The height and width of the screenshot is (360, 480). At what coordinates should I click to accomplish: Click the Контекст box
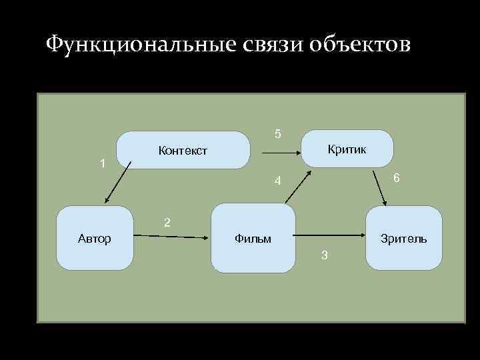(x=183, y=151)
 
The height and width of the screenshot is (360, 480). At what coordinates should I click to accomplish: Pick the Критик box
(x=347, y=149)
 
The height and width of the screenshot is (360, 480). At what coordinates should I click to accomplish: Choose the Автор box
(x=95, y=238)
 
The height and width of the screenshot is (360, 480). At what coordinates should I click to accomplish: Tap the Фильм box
(x=253, y=238)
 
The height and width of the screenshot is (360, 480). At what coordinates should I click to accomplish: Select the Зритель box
(x=403, y=238)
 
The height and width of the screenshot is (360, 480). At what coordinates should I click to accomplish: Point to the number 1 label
(x=102, y=163)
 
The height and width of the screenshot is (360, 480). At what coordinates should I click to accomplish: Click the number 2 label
(x=167, y=222)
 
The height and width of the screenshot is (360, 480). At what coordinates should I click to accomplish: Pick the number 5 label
(x=278, y=133)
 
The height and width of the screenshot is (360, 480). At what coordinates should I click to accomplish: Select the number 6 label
(x=396, y=178)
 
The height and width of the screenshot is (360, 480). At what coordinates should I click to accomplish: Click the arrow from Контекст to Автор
(x=116, y=183)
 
